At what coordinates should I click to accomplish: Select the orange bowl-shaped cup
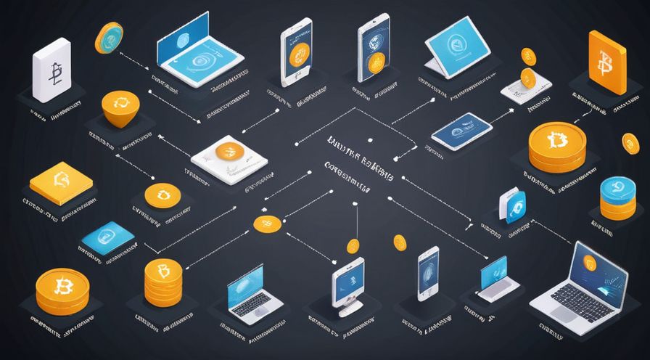120,108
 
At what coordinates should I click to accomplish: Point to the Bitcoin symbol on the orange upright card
606,66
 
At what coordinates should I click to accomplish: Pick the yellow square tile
61,182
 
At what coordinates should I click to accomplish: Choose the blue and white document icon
513,207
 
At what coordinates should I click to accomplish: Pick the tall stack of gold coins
161,282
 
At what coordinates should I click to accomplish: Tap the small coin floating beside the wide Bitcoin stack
630,142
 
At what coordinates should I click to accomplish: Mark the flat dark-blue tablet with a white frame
463,130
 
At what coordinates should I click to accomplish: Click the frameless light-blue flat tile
108,237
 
